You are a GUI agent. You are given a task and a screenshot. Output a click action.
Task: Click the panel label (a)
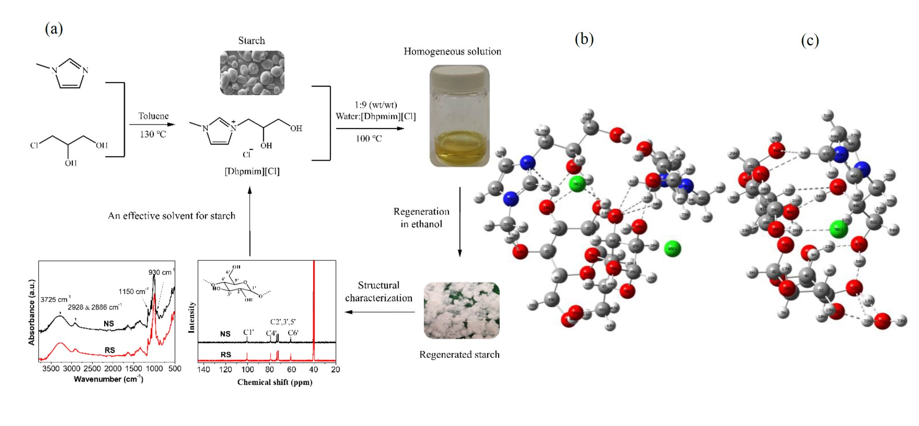point(54,29)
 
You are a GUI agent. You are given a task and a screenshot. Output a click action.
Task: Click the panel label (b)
point(584,39)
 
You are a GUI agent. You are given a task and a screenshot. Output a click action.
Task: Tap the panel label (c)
point(810,41)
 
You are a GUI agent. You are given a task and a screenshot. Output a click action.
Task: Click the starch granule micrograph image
point(252,73)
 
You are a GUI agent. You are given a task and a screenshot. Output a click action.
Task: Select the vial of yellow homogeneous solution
point(459,121)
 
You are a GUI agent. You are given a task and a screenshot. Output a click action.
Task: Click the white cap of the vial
point(459,76)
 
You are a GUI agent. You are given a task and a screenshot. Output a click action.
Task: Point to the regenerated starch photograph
point(461,310)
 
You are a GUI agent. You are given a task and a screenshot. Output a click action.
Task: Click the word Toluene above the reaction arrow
point(153,116)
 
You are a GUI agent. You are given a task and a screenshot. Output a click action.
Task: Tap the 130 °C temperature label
point(153,134)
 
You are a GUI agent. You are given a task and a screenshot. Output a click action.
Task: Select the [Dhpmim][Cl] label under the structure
point(252,171)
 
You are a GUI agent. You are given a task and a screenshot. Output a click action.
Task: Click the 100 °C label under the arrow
point(369,139)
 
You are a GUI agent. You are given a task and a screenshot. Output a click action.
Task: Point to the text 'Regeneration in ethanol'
point(421,217)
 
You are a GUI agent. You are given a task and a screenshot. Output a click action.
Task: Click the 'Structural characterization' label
point(378,291)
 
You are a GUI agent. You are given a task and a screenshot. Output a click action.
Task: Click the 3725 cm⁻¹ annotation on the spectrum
point(55,299)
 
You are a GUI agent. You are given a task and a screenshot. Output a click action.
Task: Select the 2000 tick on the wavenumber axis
point(113,369)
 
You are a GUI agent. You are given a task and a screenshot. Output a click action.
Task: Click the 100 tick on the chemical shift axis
point(247,369)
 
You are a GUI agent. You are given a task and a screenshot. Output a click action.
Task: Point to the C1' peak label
point(248,333)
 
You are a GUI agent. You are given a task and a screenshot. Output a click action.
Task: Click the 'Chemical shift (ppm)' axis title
point(275,382)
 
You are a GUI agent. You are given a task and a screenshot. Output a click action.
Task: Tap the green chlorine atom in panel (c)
point(838,229)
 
